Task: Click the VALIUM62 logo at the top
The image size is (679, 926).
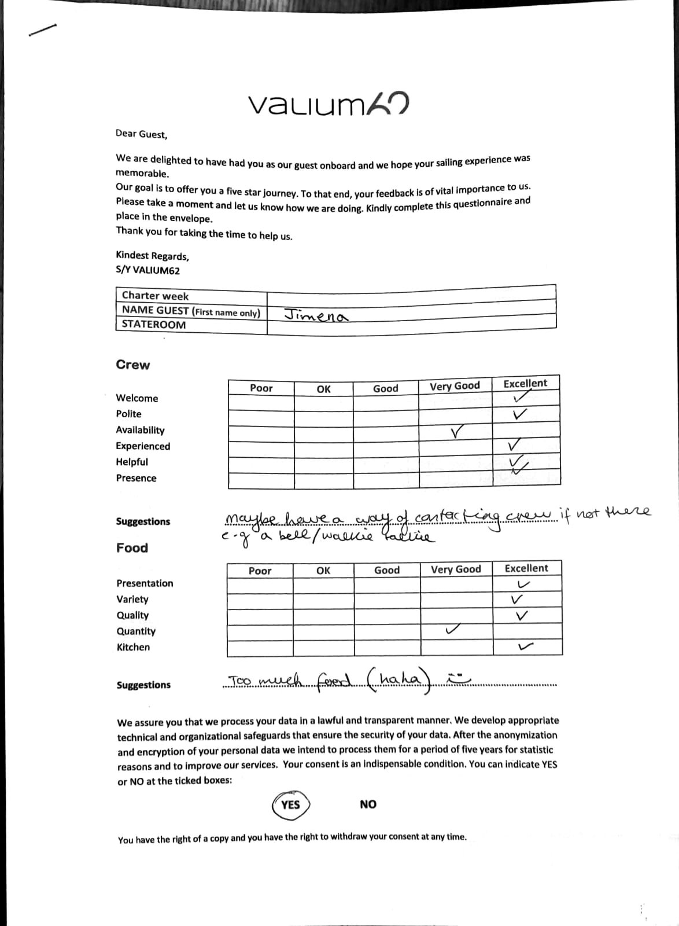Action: click(329, 104)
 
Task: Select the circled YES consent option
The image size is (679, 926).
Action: click(290, 804)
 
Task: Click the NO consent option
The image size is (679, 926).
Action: click(368, 804)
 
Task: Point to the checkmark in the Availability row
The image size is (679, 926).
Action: click(457, 431)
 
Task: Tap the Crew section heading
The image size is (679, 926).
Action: click(132, 365)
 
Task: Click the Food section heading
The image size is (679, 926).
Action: click(132, 547)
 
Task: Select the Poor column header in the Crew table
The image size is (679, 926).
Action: click(261, 388)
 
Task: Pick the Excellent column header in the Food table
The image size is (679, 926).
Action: click(526, 568)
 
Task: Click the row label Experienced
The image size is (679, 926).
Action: click(143, 446)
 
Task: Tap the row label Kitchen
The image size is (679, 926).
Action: click(133, 647)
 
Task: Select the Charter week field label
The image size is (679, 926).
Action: click(155, 296)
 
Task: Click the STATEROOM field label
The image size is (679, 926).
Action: click(154, 325)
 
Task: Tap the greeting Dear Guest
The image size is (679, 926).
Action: click(141, 134)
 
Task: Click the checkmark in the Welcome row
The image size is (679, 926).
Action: click(522, 396)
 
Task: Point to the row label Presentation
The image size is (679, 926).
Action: click(145, 583)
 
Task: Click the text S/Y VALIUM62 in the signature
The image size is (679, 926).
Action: click(147, 270)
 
